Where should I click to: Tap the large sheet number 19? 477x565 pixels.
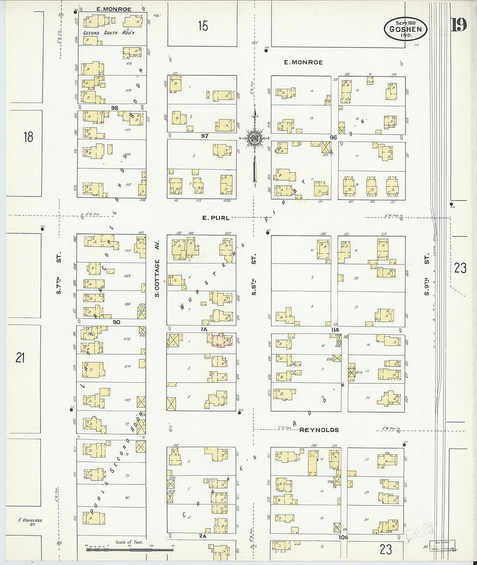tap(459, 25)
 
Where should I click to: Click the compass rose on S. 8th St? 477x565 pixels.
tap(255, 138)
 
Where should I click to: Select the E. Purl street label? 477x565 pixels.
tap(216, 218)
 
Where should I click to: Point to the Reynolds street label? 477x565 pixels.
tap(319, 429)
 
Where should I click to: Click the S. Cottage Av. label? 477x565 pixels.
tap(157, 268)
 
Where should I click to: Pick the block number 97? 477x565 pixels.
tap(205, 136)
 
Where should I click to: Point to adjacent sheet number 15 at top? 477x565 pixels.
tap(203, 26)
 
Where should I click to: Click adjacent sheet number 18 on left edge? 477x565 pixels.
tap(28, 137)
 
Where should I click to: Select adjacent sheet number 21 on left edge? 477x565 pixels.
tap(20, 358)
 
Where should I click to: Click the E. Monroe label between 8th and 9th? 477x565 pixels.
tap(303, 62)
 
